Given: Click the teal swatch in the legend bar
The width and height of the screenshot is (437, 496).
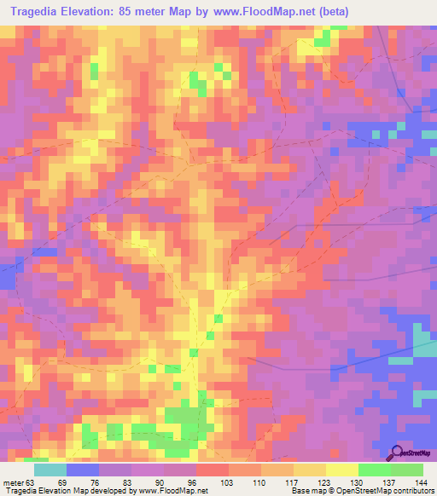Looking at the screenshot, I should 50,470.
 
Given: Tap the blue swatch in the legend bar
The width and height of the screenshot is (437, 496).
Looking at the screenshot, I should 82,470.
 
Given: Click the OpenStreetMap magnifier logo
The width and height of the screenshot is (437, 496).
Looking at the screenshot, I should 397,453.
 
